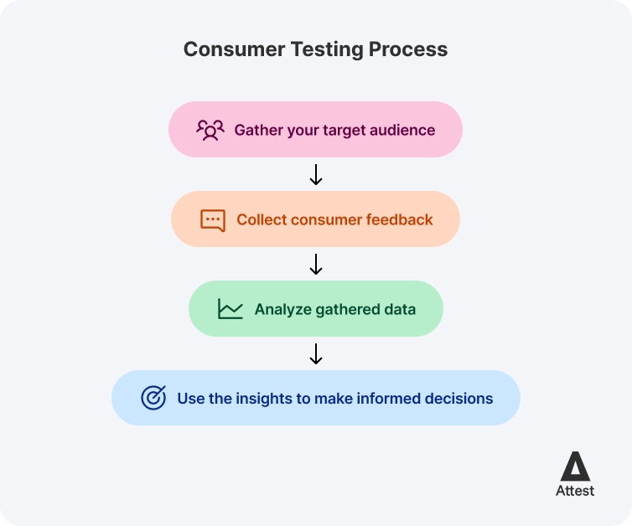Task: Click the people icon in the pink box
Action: (x=210, y=130)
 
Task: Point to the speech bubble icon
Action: (x=213, y=220)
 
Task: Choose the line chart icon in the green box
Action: (x=230, y=309)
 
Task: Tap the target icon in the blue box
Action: (x=153, y=398)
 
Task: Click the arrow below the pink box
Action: (x=316, y=174)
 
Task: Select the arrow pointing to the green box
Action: (x=316, y=265)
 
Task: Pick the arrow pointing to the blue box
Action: (x=316, y=353)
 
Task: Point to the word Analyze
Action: (x=282, y=309)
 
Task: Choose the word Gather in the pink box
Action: (x=257, y=130)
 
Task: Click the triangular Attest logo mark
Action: (x=575, y=466)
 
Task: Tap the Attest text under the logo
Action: (x=575, y=491)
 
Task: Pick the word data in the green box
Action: (x=399, y=309)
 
